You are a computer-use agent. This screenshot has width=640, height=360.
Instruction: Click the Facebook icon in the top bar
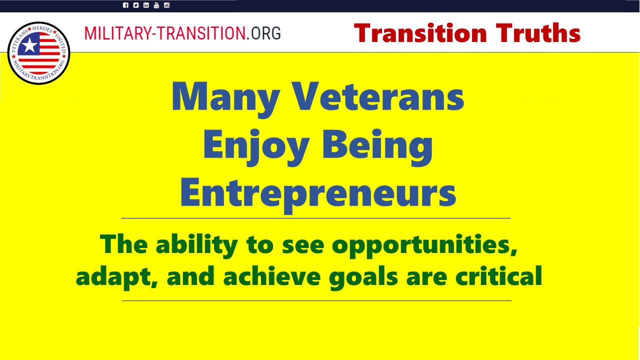tap(125, 5)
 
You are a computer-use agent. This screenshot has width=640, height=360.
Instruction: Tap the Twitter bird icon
tap(135, 5)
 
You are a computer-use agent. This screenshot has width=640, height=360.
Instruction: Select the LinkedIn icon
tap(146, 5)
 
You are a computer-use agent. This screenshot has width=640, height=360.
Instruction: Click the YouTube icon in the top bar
tap(156, 5)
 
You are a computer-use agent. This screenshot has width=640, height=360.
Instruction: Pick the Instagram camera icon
tap(166, 5)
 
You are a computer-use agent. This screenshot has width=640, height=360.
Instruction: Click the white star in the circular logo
tap(29, 45)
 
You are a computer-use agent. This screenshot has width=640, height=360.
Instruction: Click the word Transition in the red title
tap(420, 33)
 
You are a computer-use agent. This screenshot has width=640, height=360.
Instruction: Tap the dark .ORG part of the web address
tap(263, 33)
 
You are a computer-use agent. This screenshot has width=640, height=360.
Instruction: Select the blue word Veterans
tap(379, 96)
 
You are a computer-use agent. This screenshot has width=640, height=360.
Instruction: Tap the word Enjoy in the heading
tap(256, 147)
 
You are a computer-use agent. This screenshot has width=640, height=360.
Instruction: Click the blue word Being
tap(377, 147)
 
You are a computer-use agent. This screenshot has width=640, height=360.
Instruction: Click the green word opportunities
tap(424, 246)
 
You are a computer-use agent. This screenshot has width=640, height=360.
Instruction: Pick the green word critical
tap(499, 275)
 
